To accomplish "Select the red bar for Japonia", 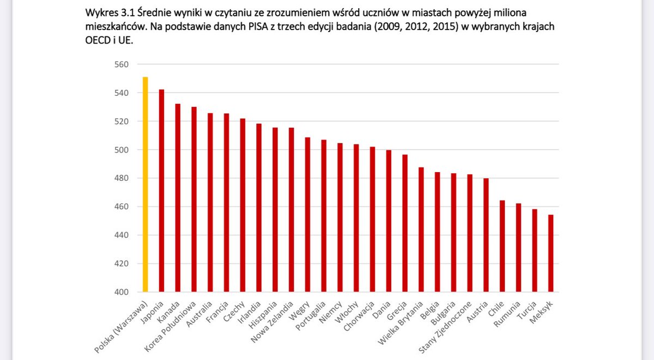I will click(x=161, y=191).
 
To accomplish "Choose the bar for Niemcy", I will click(x=341, y=217).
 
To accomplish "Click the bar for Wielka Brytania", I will click(x=421, y=229).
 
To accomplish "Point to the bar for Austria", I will click(x=486, y=235).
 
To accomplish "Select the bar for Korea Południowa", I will click(x=194, y=199).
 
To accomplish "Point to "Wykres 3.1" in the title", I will click(x=108, y=12).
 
